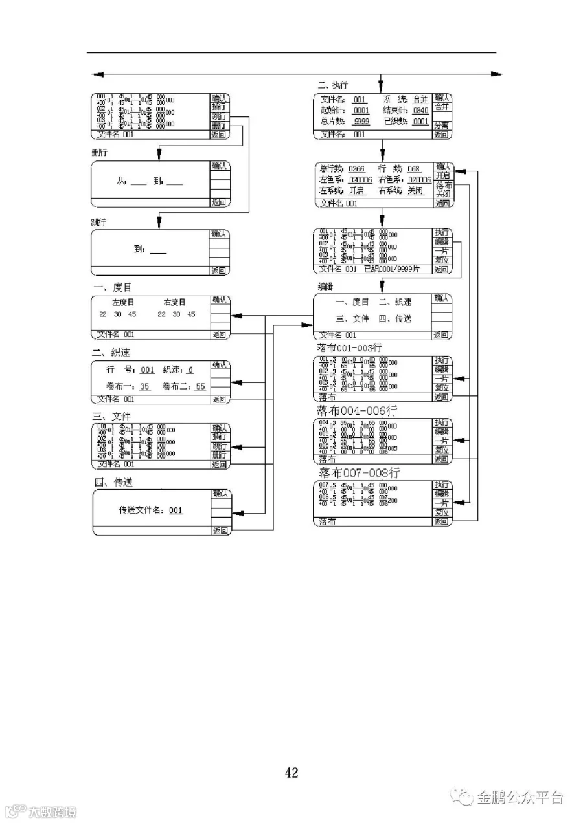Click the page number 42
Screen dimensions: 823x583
291,772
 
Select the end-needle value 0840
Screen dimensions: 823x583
420,111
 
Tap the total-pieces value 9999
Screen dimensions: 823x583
361,122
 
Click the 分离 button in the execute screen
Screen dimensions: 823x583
442,124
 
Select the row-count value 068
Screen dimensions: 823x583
413,169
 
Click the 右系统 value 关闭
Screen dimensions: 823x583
415,191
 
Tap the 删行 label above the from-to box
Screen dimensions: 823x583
100,153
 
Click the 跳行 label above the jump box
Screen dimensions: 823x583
100,222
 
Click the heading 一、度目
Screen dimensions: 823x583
112,287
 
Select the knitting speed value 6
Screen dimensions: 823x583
190,369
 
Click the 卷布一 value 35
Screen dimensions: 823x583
145,386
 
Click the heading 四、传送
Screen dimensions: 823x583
114,482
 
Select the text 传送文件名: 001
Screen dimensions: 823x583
150,510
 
